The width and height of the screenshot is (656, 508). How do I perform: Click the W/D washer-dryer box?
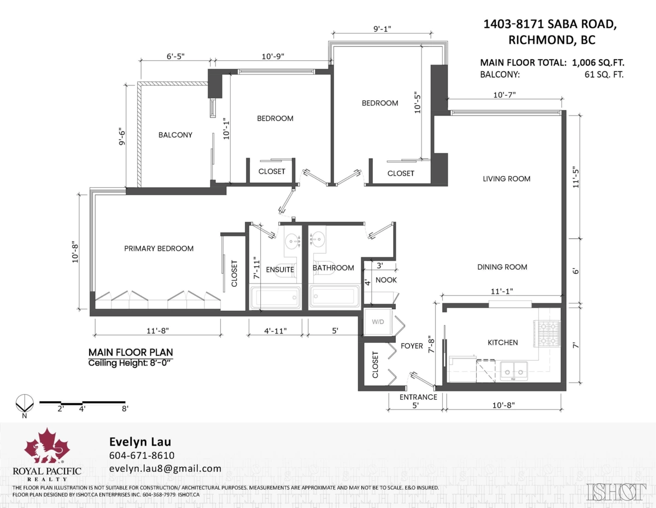[378, 322]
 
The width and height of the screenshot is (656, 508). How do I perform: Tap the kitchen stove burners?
[549, 333]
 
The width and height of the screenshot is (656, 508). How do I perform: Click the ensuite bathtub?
[276, 298]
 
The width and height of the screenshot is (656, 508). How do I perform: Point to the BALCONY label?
[175, 135]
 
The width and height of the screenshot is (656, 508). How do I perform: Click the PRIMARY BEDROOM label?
[159, 249]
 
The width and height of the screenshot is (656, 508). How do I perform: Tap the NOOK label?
[386, 280]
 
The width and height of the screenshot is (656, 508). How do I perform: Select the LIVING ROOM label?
[506, 178]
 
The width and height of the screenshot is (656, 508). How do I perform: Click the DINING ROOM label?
[502, 267]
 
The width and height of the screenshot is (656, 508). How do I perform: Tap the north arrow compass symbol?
[24, 404]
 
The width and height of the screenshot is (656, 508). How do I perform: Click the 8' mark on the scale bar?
[125, 408]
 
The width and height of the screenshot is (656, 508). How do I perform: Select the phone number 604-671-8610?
[142, 455]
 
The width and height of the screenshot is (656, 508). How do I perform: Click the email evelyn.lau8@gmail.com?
[165, 469]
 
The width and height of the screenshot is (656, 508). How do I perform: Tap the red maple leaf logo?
[47, 446]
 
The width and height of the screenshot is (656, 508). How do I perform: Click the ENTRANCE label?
[418, 397]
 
